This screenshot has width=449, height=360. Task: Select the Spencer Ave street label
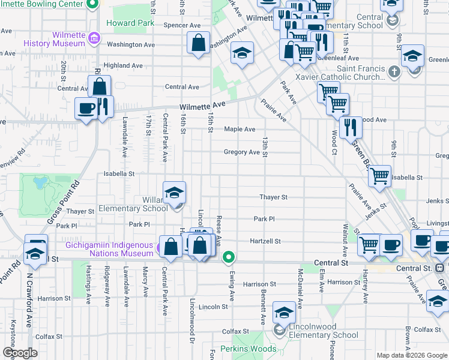(182, 26)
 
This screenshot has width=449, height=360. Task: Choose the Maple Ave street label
(240, 129)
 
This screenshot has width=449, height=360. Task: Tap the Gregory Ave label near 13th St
(241, 152)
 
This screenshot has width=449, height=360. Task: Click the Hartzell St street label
(265, 241)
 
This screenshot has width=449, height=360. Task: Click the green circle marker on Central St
(229, 258)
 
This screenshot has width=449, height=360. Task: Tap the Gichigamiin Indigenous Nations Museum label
(109, 250)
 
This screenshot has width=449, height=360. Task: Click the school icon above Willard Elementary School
(174, 193)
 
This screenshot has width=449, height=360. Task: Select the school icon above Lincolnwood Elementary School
(284, 313)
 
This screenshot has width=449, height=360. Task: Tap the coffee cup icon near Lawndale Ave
(86, 108)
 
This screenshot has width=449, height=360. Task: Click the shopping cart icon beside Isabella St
(379, 176)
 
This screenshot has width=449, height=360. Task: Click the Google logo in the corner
(20, 353)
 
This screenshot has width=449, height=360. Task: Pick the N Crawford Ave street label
(29, 301)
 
